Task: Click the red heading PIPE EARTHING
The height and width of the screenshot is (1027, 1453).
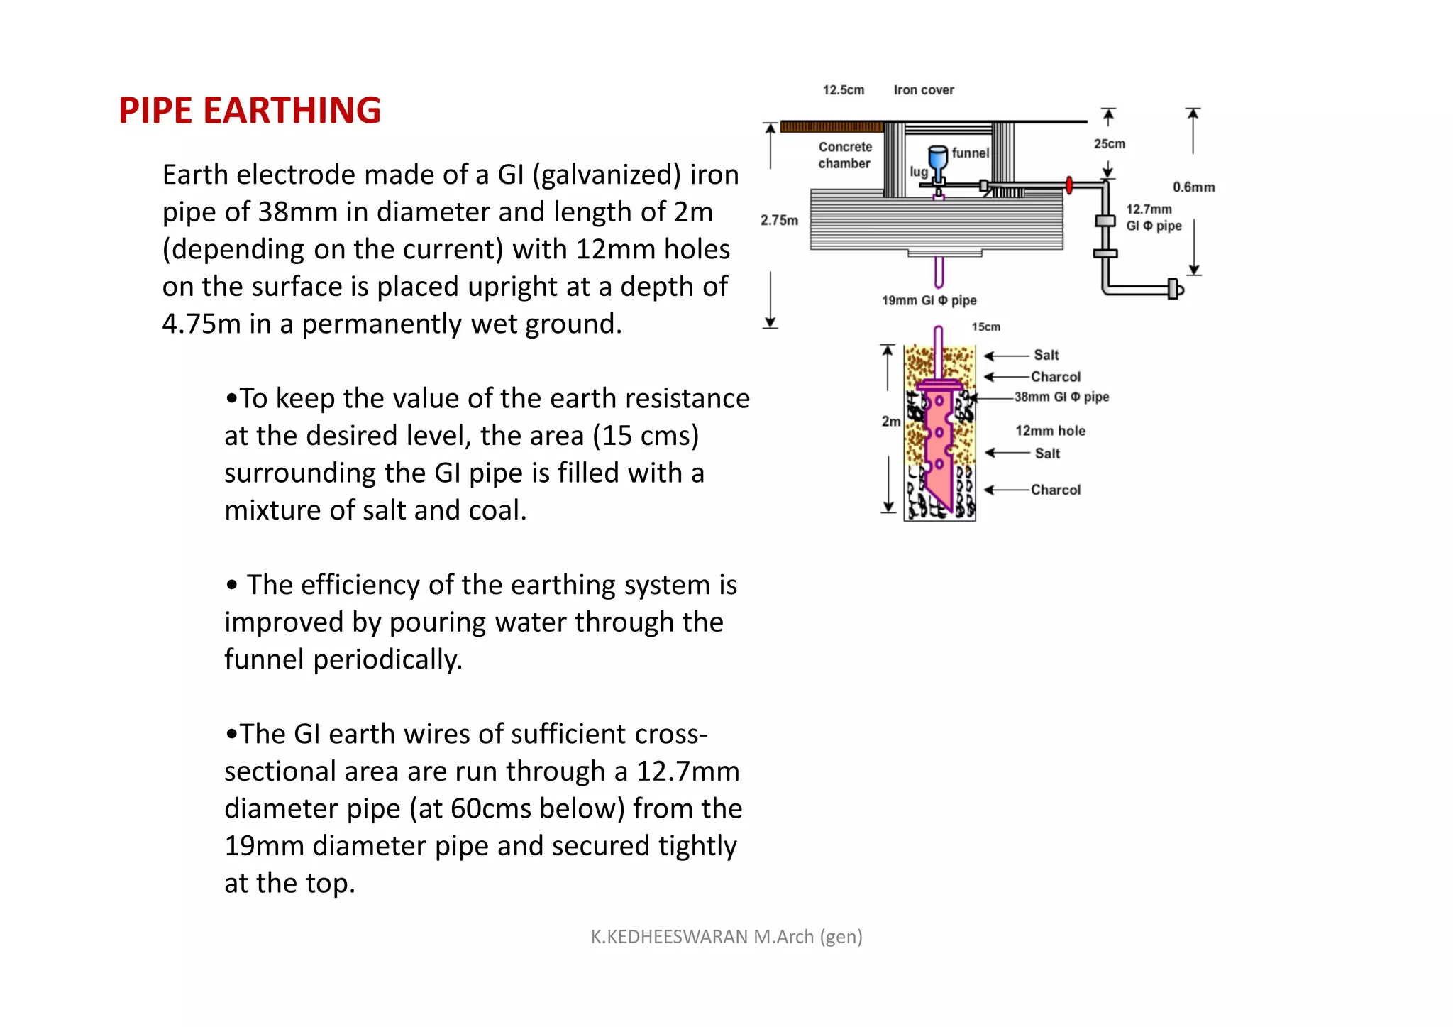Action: pyautogui.click(x=250, y=111)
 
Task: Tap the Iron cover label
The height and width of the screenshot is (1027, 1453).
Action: pyautogui.click(x=923, y=90)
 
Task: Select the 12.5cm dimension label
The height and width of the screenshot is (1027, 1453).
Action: pyautogui.click(x=843, y=90)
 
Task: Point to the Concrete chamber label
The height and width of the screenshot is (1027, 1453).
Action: pyautogui.click(x=844, y=155)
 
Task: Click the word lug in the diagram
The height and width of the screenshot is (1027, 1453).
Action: pyautogui.click(x=918, y=172)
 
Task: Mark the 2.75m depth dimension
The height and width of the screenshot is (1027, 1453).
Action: pyautogui.click(x=779, y=220)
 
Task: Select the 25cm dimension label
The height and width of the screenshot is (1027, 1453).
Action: pyautogui.click(x=1109, y=144)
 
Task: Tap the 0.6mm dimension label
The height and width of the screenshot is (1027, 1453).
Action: pyautogui.click(x=1193, y=187)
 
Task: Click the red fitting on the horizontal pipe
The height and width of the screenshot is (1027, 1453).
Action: pyautogui.click(x=1069, y=186)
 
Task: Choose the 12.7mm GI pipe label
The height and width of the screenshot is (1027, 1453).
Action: pyautogui.click(x=1153, y=217)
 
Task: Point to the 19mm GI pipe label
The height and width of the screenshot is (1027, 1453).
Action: pyautogui.click(x=929, y=300)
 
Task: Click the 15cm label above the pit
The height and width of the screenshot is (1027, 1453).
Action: pyautogui.click(x=985, y=327)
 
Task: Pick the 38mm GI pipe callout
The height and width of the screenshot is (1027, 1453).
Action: pyautogui.click(x=1061, y=397)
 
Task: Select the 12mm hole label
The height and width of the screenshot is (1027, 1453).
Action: pyautogui.click(x=1050, y=431)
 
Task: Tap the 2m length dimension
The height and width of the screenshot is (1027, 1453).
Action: pyautogui.click(x=890, y=422)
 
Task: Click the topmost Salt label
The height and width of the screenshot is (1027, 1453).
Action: pyautogui.click(x=1046, y=355)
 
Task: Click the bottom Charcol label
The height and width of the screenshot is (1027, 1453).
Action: pyautogui.click(x=1055, y=490)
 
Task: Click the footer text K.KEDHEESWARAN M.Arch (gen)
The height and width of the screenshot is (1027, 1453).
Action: pyautogui.click(x=726, y=937)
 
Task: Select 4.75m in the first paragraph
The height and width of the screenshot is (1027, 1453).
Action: pyautogui.click(x=201, y=324)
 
